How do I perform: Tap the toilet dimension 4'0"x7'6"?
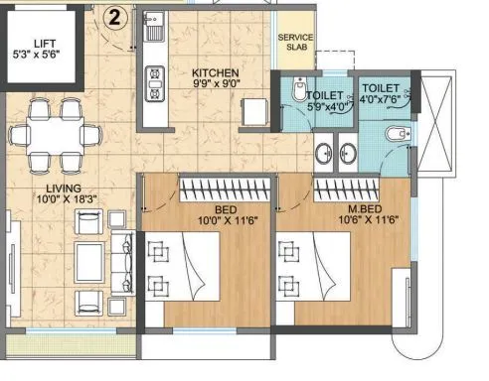(381, 99)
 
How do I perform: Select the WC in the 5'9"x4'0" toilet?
(300, 92)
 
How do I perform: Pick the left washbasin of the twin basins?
(324, 153)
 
